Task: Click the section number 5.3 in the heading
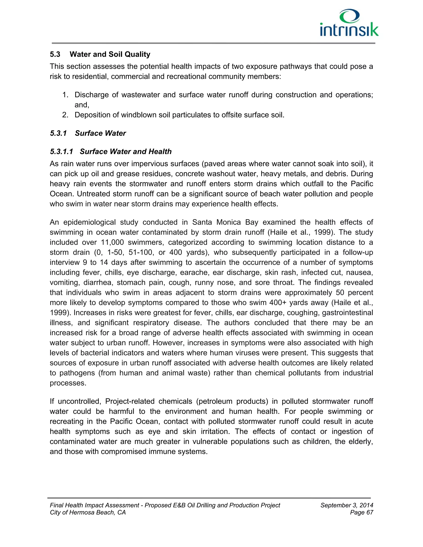tap(55, 54)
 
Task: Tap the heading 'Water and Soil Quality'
tap(110, 54)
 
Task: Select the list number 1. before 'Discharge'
tap(65, 95)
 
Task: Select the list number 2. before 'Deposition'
tap(65, 115)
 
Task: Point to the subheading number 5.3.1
tap(58, 133)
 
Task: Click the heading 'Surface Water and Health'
tap(126, 152)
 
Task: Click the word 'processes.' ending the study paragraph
tap(68, 383)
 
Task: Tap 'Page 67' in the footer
tap(362, 513)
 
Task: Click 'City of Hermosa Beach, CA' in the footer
tap(88, 513)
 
